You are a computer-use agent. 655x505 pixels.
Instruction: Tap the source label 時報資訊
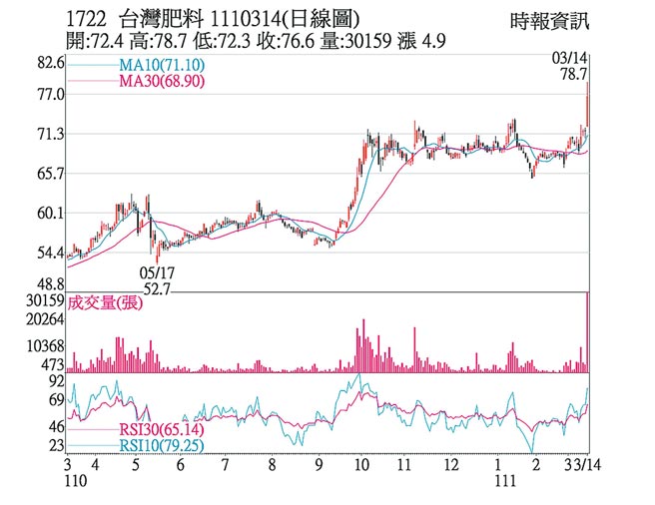(x=546, y=21)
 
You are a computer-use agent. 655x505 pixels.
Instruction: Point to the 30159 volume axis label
(x=43, y=299)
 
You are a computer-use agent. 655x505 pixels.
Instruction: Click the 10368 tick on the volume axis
(x=43, y=344)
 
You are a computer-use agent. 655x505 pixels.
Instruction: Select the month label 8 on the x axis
(x=272, y=465)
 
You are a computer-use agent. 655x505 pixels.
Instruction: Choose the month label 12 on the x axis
(x=451, y=465)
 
